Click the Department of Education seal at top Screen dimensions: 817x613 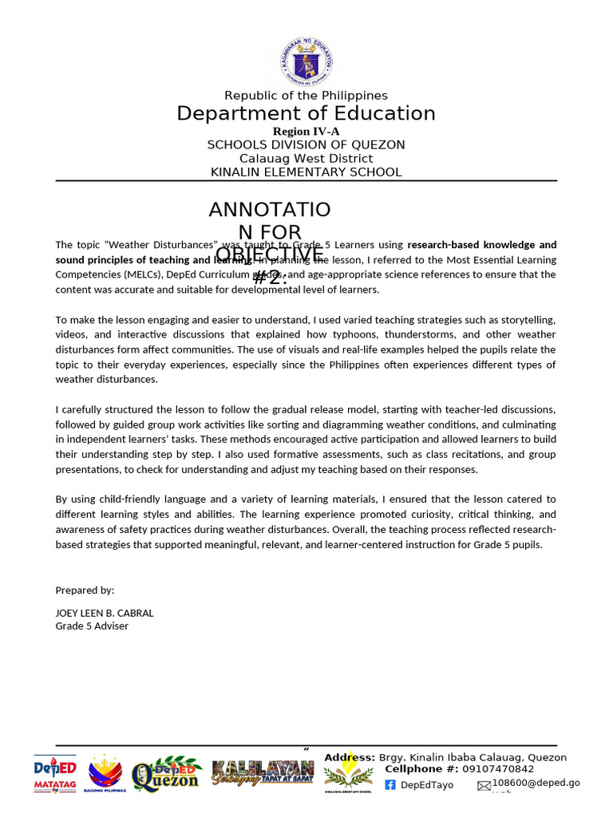coord(306,61)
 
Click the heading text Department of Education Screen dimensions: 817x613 coord(306,113)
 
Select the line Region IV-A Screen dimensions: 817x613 coord(306,132)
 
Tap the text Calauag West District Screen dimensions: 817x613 coord(306,158)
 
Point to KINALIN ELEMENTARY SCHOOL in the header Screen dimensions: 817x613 coord(306,172)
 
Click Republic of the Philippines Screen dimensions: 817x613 coord(306,96)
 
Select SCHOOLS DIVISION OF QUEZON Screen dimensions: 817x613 coord(306,144)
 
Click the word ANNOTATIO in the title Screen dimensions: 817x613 coord(270,210)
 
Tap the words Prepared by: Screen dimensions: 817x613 coord(85,590)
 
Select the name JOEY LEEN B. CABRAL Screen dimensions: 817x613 coord(105,613)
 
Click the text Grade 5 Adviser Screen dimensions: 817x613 coord(92,626)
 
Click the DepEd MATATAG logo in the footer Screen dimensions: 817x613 coord(55,774)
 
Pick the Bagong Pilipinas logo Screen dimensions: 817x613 coord(105,774)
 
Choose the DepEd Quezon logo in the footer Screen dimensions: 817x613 coord(167,774)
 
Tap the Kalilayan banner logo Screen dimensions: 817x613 coord(263,772)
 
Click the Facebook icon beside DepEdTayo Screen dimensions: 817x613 coord(390,785)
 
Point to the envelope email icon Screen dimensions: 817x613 coord(484,786)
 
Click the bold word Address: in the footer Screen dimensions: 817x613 coord(350,758)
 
